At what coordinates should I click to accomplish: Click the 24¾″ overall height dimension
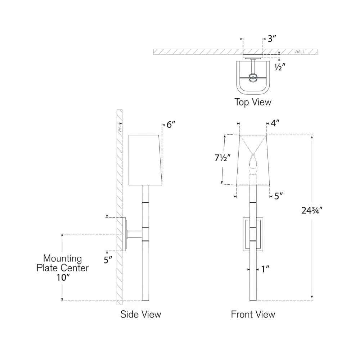click(x=312, y=210)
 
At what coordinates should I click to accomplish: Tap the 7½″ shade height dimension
click(x=222, y=158)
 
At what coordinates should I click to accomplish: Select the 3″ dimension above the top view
click(x=271, y=39)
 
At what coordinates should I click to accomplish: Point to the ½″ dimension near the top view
click(x=280, y=67)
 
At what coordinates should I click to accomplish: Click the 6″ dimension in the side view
click(x=171, y=125)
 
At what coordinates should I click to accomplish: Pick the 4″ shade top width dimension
click(x=275, y=123)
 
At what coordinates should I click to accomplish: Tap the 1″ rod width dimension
click(x=265, y=269)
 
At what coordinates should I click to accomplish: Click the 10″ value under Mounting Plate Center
click(x=63, y=278)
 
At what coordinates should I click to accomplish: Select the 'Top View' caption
click(x=253, y=102)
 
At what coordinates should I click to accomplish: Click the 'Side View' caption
click(x=141, y=314)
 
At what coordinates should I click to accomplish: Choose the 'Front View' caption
click(x=253, y=314)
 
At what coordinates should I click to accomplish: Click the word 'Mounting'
click(x=62, y=259)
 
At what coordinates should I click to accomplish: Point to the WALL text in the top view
click(x=300, y=52)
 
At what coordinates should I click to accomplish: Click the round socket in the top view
click(x=253, y=78)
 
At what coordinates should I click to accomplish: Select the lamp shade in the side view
click(x=145, y=160)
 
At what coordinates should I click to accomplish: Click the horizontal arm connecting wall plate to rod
click(x=135, y=234)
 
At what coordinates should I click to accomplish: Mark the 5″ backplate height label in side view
click(x=108, y=260)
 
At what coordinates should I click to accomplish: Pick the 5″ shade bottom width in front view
click(x=279, y=196)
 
